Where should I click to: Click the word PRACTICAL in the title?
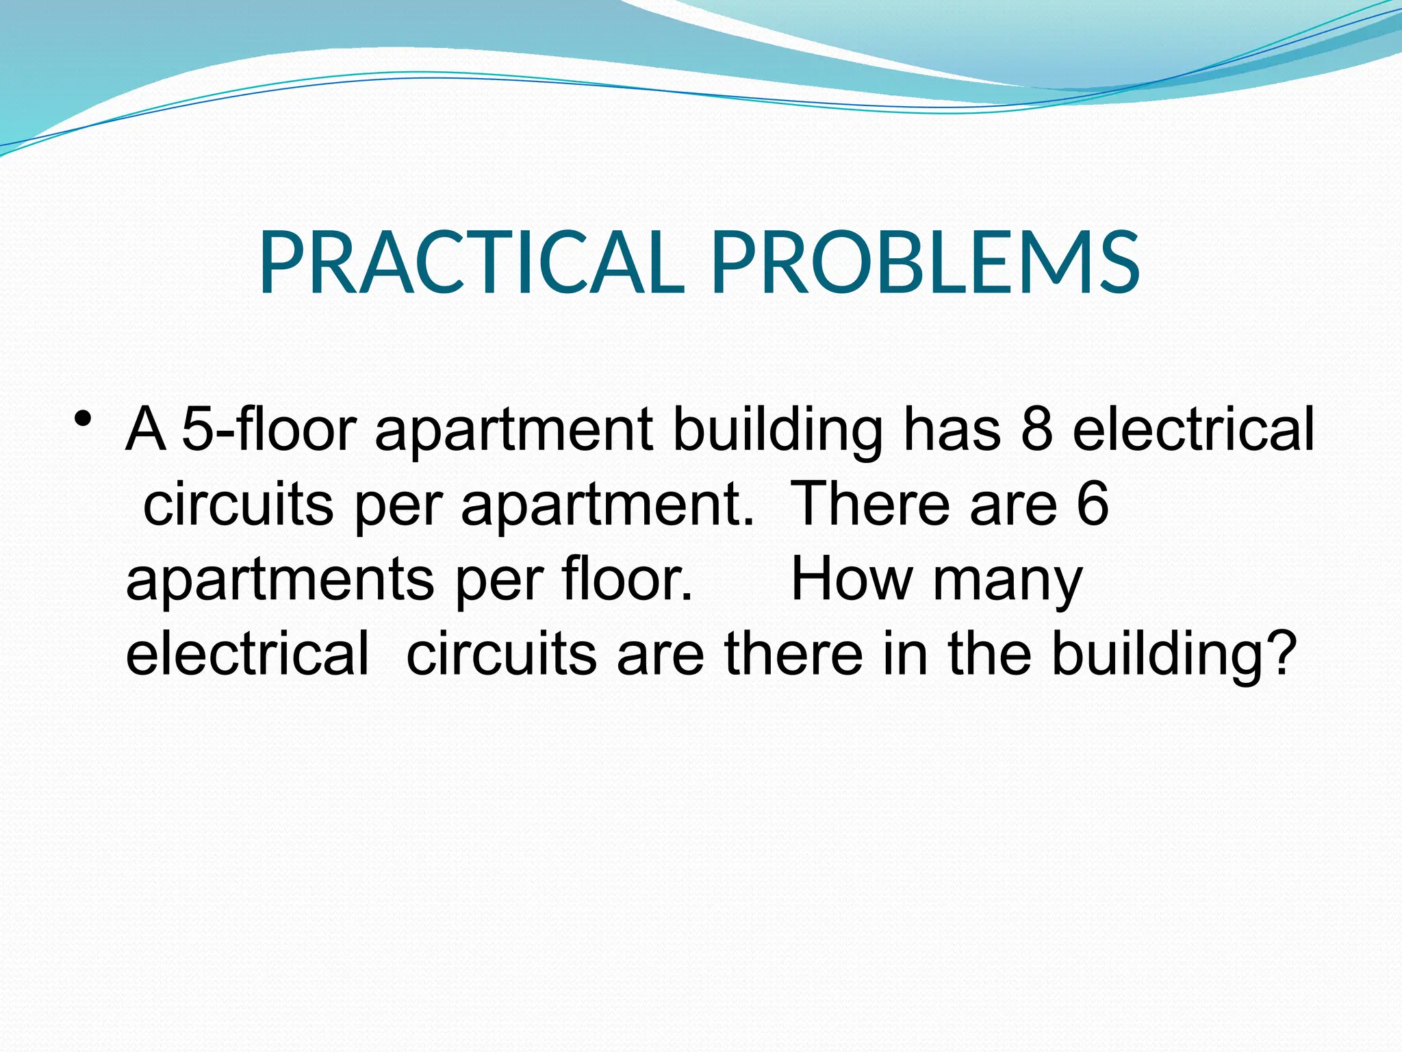[472, 263]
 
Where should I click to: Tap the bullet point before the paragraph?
[84, 417]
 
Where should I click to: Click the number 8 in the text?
[1036, 430]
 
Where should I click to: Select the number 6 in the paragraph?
[1093, 505]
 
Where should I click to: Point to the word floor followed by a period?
[627, 580]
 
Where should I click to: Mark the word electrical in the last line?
[247, 654]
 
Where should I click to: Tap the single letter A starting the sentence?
[146, 430]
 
